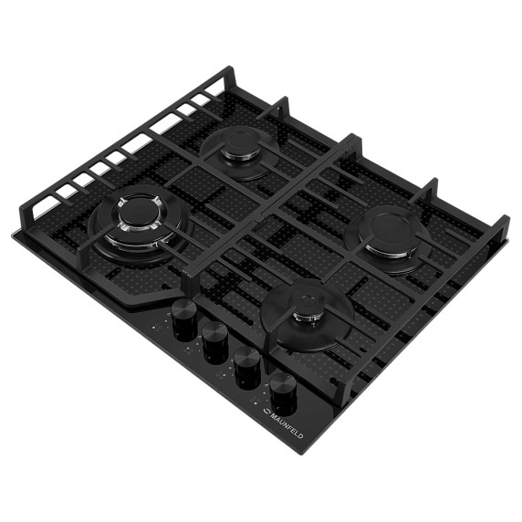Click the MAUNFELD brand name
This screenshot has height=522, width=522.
[287, 425]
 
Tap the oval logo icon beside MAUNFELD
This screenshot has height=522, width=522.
[265, 412]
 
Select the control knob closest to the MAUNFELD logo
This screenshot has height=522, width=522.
[282, 391]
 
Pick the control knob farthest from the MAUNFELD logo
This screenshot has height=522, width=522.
[183, 318]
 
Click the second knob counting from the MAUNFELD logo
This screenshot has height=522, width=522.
[246, 366]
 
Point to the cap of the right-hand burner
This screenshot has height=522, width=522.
[391, 230]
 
